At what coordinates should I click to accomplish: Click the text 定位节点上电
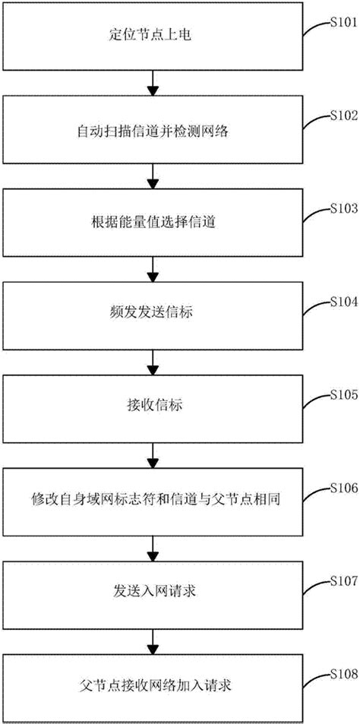pos(154,36)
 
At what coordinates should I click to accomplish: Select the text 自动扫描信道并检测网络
pos(154,130)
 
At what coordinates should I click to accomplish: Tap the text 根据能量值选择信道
pos(154,223)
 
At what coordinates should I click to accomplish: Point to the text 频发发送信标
pos(154,312)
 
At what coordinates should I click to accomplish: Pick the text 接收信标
pos(154,405)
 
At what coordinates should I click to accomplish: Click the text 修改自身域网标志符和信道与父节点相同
pos(154,501)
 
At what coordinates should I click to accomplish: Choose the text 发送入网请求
pos(154,591)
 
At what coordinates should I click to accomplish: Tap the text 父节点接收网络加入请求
pos(154,684)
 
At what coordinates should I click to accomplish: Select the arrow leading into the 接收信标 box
pos(154,361)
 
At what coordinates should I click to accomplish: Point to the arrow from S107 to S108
pos(154,639)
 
